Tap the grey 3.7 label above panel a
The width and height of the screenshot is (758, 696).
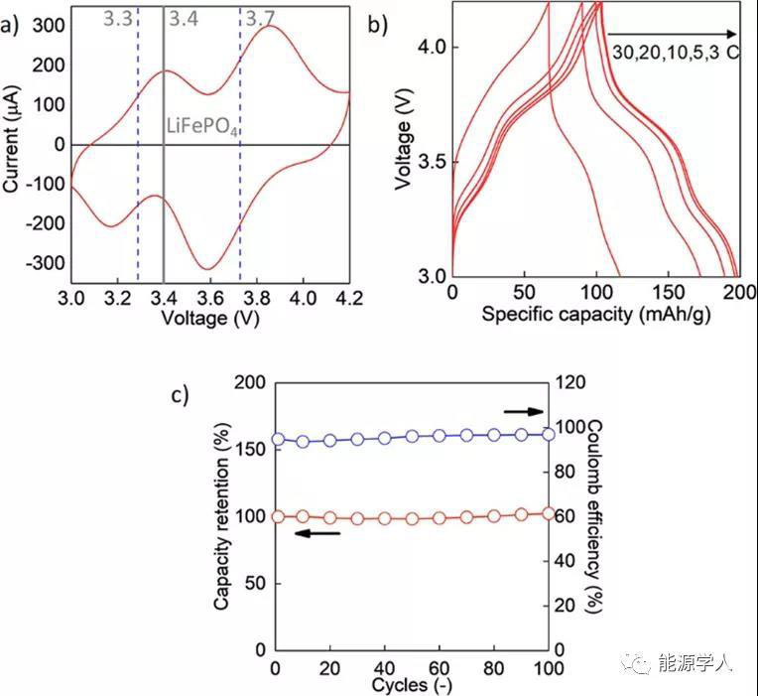[x=260, y=17]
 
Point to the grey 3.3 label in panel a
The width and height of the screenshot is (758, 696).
[x=117, y=17]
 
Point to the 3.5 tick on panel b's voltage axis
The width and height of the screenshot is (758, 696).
[x=432, y=161]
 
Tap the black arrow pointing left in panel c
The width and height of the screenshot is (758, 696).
[x=317, y=533]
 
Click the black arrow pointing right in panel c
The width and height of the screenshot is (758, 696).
[x=524, y=411]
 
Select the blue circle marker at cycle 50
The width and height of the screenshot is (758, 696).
[x=413, y=437]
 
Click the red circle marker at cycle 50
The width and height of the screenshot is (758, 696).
[x=413, y=518]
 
